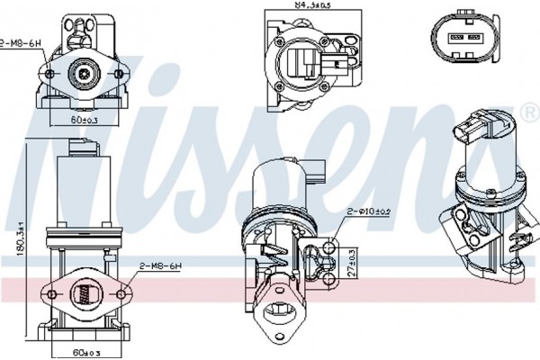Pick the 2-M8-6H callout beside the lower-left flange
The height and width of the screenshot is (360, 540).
161,266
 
